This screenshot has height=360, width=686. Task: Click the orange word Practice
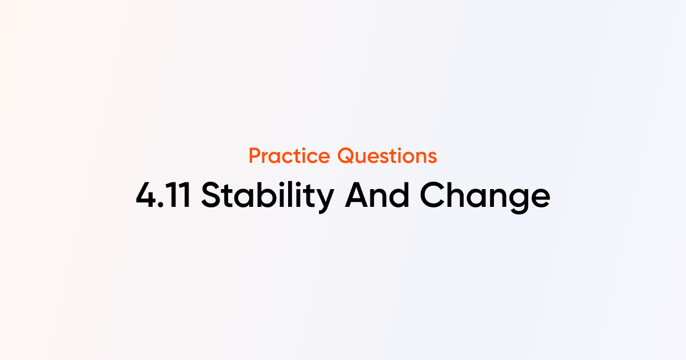point(289,155)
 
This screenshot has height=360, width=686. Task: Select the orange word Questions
point(387,156)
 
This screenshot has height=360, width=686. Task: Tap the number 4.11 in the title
point(163,195)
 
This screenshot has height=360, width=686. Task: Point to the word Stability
point(268,197)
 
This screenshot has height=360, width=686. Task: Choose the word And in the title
point(377,195)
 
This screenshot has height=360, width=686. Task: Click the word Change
point(485,197)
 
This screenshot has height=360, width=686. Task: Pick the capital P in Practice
point(255,156)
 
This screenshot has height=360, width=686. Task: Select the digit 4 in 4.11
point(146,195)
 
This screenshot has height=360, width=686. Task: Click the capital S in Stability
point(212,195)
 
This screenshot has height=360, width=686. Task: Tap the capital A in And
point(357,195)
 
